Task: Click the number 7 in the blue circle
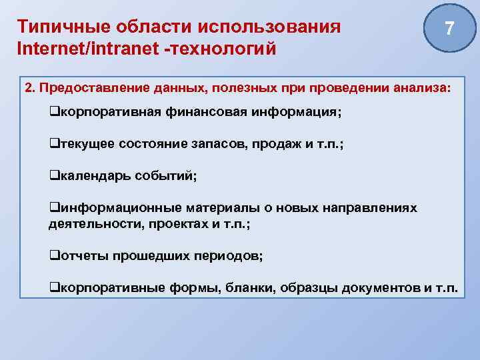pyautogui.click(x=450, y=29)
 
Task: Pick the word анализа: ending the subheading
pyautogui.click(x=421, y=89)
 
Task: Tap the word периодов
pyautogui.click(x=230, y=256)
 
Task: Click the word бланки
pyautogui.click(x=246, y=288)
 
